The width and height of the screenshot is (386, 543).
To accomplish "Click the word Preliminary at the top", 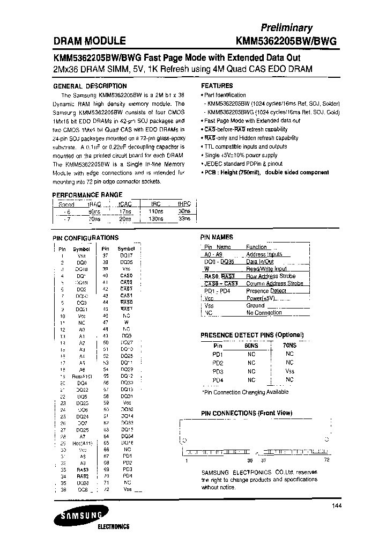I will [x=287, y=28].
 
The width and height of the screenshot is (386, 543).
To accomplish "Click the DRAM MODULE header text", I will [x=90, y=41].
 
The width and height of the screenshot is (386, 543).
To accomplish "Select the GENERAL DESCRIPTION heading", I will [x=90, y=86].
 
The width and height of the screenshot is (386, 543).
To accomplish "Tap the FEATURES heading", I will [x=217, y=86].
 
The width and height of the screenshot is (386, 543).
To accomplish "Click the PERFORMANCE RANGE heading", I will [x=87, y=195].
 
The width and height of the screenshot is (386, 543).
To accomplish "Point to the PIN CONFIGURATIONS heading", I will [x=85, y=237].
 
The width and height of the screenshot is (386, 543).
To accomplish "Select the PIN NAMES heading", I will [x=217, y=237].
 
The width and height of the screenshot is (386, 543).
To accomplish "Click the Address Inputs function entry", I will [x=264, y=254].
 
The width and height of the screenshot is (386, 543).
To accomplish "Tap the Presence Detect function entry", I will [x=266, y=291].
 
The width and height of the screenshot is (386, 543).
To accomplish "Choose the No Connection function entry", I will [x=264, y=312].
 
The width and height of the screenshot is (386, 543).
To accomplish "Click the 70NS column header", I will [x=289, y=346].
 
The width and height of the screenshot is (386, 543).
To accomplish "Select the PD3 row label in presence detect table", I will [x=218, y=371].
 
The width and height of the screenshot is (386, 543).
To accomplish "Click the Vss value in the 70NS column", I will [x=289, y=371].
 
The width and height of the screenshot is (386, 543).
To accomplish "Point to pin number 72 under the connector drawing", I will [x=325, y=460].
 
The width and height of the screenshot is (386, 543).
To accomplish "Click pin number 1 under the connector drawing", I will [x=187, y=460].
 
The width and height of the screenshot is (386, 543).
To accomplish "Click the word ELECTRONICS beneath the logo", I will [x=113, y=527].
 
